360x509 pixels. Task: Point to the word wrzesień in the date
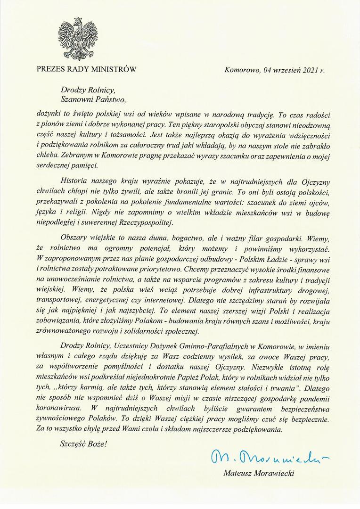point(282,71)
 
